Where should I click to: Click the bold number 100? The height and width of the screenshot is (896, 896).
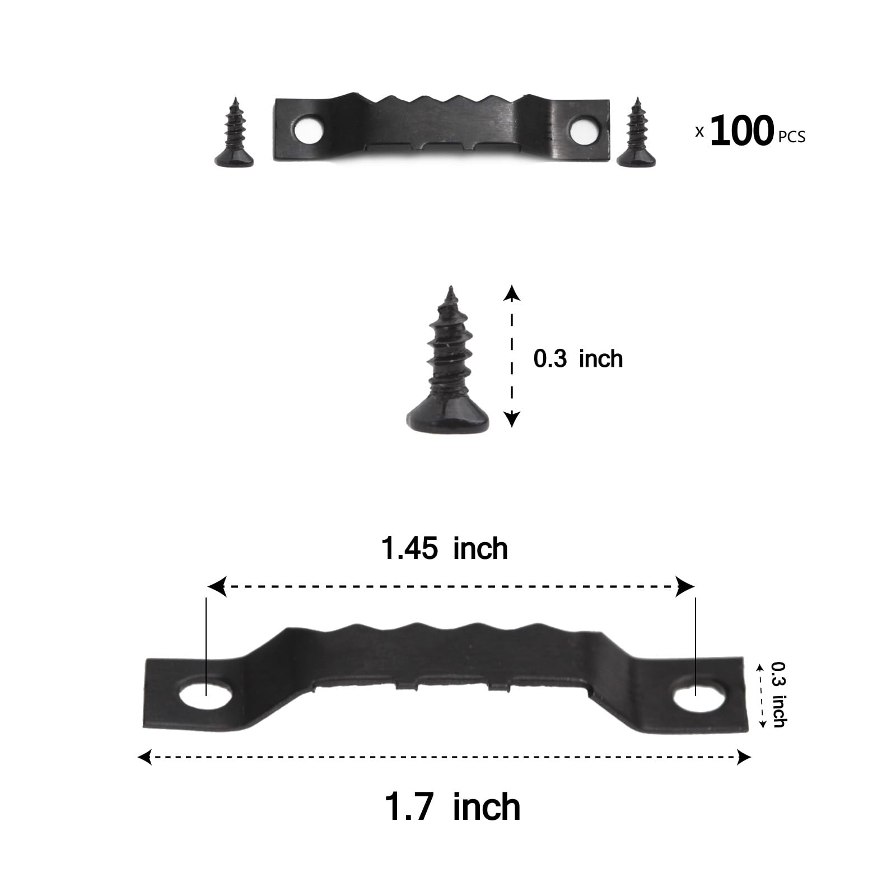(x=742, y=131)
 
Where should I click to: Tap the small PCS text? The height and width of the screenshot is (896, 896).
(x=792, y=137)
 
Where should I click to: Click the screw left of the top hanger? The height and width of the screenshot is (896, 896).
(x=234, y=132)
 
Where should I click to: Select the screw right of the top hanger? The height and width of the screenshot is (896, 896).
(x=636, y=132)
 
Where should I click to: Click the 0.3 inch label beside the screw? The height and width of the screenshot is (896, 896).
(x=578, y=358)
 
